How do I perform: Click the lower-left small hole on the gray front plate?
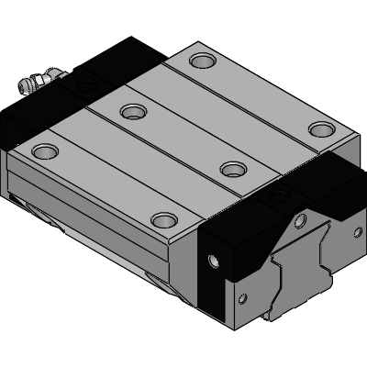(x=242, y=297)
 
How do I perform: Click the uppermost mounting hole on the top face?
(x=200, y=61)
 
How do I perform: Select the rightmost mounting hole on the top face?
(x=317, y=128)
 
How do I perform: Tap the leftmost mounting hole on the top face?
(x=44, y=150)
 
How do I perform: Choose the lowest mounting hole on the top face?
(x=163, y=219)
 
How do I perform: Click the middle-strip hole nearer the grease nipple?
(x=134, y=112)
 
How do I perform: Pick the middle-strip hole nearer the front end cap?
(x=235, y=169)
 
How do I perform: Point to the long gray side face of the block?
(x=101, y=211)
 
